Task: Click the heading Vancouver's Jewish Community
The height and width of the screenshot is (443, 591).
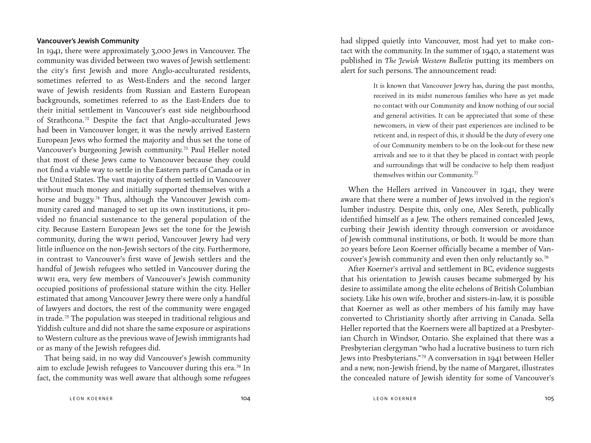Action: pos(88,41)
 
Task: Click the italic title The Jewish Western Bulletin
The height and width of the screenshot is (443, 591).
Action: pos(428,61)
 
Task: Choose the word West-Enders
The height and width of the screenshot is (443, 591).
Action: pos(148,80)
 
